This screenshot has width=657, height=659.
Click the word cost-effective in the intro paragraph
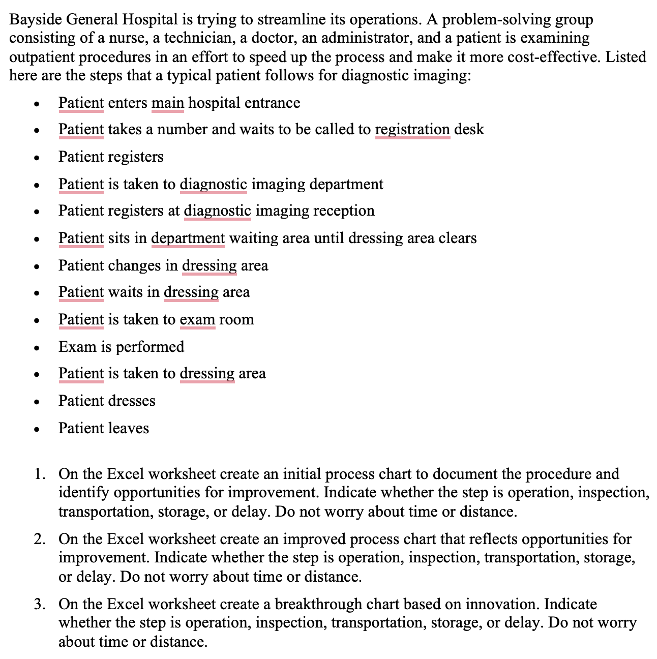pyautogui.click(x=552, y=56)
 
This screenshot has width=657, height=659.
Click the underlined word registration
pyautogui.click(x=412, y=130)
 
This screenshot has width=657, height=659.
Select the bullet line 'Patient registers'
pyautogui.click(x=111, y=157)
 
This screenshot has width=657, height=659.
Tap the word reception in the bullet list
pyautogui.click(x=344, y=211)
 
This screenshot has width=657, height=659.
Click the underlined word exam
pyautogui.click(x=197, y=319)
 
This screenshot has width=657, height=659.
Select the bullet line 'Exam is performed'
pyautogui.click(x=121, y=347)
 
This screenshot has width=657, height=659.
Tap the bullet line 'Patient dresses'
pyautogui.click(x=107, y=401)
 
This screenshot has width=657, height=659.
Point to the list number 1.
pyautogui.click(x=39, y=474)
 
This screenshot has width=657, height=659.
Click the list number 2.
pyautogui.click(x=39, y=539)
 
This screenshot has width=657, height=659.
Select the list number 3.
pyautogui.click(x=39, y=604)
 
